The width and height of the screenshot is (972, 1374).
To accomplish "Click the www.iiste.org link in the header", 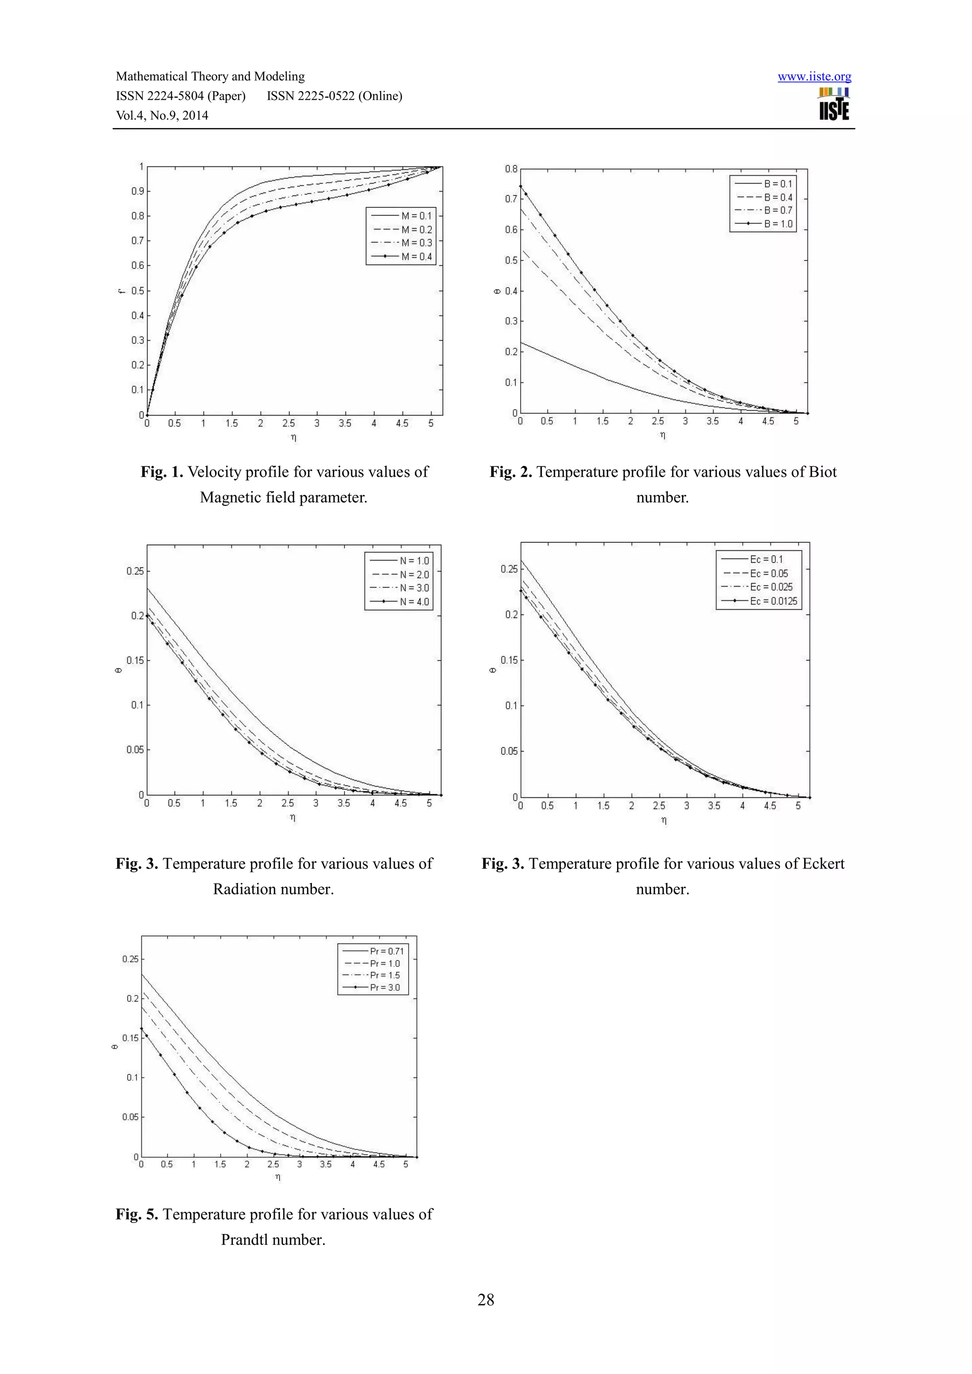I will (814, 76).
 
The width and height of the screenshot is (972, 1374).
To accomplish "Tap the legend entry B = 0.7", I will (778, 211).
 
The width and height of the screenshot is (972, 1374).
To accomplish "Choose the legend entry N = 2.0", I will (414, 575).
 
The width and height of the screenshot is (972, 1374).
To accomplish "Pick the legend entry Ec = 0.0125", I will (773, 601).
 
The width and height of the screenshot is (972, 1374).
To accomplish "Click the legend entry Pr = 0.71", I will (387, 951).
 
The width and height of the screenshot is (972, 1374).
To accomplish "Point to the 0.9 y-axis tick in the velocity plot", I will (138, 192).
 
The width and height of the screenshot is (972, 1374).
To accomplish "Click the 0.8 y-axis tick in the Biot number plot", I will (511, 169).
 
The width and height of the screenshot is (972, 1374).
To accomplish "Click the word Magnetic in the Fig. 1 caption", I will (229, 497).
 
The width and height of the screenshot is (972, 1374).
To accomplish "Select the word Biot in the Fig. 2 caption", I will (822, 472).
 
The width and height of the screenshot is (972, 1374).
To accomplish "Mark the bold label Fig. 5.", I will (137, 1214).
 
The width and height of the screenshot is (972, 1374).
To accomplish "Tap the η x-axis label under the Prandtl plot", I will (278, 1177).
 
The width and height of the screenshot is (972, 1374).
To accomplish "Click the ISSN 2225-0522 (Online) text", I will (335, 96).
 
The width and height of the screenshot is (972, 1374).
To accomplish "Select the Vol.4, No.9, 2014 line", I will (162, 115).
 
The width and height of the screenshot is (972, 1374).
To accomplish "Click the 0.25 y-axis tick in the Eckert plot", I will (509, 569).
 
